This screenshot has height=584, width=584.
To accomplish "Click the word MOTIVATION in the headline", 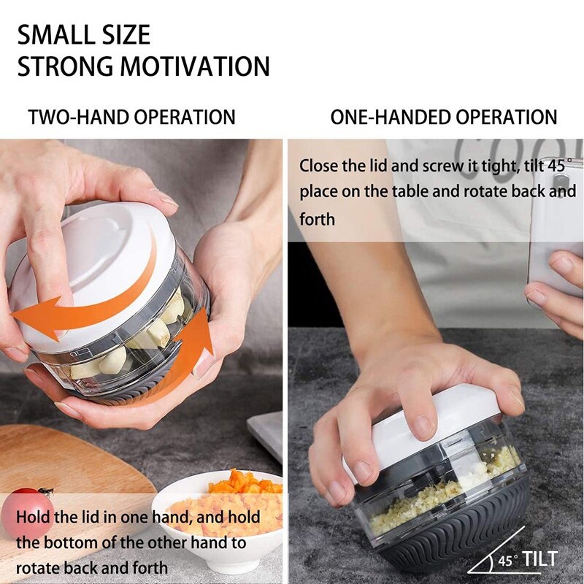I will (195, 66).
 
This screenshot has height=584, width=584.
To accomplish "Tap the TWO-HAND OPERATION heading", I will (131, 117).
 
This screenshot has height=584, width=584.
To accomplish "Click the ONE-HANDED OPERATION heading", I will (443, 117).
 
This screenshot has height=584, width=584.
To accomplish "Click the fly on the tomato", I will (45, 492).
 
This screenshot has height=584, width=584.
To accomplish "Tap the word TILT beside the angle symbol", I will (539, 559).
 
